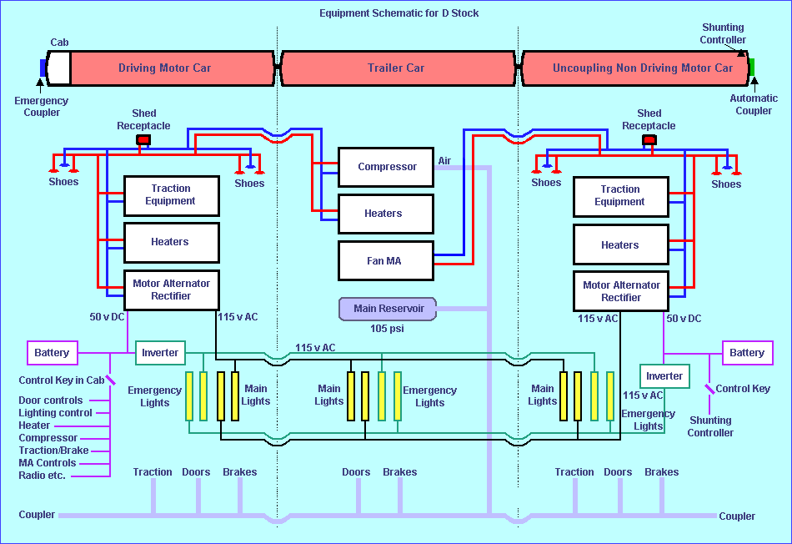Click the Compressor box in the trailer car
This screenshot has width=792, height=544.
click(x=386, y=167)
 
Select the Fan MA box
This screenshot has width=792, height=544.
click(x=386, y=261)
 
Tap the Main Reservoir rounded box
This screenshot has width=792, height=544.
click(x=388, y=309)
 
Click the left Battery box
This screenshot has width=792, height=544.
click(x=52, y=353)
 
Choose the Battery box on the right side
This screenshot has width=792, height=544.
click(x=746, y=353)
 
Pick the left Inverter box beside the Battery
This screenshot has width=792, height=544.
click(x=160, y=353)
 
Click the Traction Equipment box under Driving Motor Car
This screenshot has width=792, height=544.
click(x=171, y=195)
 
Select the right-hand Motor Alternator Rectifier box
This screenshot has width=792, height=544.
click(x=620, y=291)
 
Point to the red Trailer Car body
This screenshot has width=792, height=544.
click(x=396, y=68)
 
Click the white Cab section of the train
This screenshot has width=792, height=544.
click(x=58, y=68)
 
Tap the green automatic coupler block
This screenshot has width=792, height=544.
click(x=751, y=68)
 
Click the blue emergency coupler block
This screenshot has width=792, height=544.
click(x=43, y=68)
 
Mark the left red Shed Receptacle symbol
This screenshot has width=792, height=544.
click(x=143, y=139)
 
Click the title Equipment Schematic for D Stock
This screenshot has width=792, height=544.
click(x=399, y=13)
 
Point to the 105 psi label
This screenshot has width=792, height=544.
click(x=387, y=329)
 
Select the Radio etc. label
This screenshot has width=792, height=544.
click(x=42, y=476)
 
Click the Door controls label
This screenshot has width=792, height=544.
click(x=51, y=400)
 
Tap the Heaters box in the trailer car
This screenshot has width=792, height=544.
click(x=386, y=214)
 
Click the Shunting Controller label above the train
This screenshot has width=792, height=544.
click(x=723, y=33)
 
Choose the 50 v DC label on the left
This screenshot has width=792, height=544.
click(x=108, y=318)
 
